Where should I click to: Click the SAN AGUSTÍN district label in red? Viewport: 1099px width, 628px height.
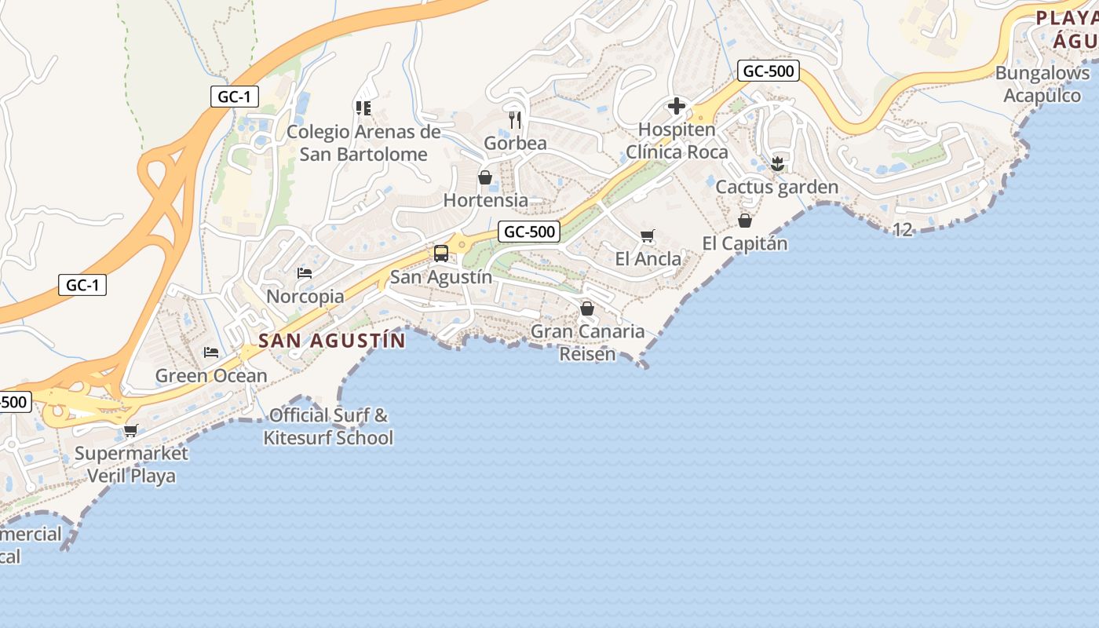[332, 341]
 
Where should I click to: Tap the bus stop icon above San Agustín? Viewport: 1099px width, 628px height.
[441, 254]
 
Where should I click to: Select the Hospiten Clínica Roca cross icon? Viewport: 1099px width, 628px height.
[677, 106]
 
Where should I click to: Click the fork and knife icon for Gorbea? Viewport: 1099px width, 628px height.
[515, 120]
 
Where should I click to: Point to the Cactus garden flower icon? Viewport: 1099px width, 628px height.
[777, 164]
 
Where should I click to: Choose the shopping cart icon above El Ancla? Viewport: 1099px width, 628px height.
[648, 235]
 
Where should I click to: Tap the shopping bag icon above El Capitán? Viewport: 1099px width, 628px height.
[745, 221]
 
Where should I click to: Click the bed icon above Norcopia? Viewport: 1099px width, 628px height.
[305, 273]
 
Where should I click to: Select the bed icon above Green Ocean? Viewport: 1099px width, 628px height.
[211, 352]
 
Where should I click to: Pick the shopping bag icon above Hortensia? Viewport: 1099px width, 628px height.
[485, 177]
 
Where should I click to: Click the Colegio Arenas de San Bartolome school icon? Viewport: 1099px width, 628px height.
[363, 108]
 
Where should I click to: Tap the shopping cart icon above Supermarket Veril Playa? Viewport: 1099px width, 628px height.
[131, 430]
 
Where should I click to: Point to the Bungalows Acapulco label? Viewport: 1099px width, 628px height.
[1042, 84]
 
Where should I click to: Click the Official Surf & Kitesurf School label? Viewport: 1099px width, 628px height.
[328, 426]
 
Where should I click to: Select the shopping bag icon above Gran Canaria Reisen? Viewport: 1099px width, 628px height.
[587, 309]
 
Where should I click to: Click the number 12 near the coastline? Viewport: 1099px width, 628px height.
[903, 230]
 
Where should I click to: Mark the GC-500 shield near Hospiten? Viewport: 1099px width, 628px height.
[769, 71]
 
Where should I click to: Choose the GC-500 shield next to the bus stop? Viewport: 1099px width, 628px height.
[529, 232]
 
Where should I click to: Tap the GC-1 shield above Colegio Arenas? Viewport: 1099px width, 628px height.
[234, 97]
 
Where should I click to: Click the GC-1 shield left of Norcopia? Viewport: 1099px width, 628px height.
[82, 285]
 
